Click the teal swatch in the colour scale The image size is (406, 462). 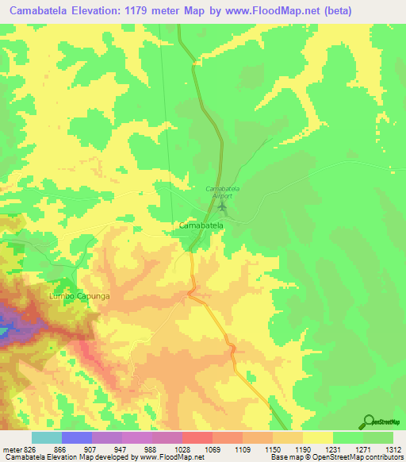pos(46,437)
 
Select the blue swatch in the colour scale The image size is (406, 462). pos(76,437)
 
